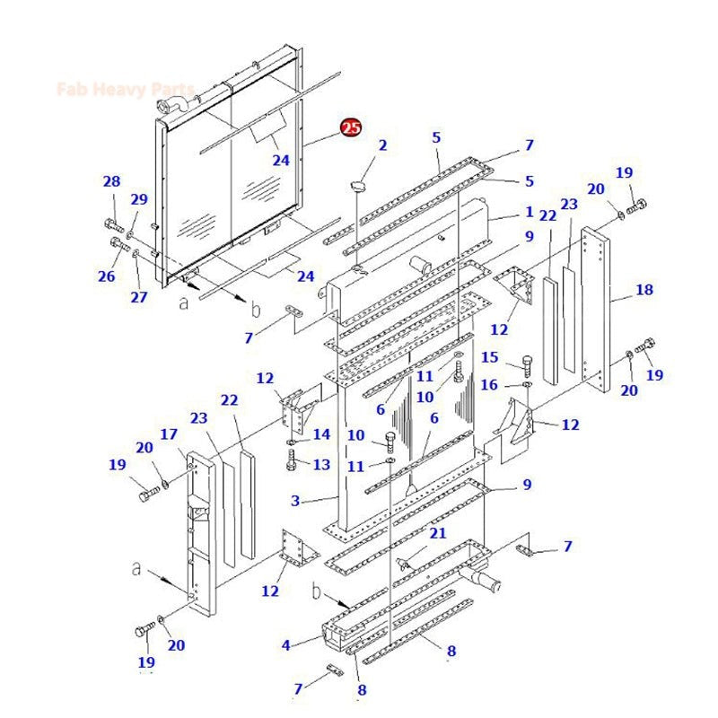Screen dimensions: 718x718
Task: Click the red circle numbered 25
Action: (x=350, y=128)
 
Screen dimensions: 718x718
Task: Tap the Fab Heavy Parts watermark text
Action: (x=125, y=89)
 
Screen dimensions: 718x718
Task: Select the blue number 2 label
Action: (x=382, y=145)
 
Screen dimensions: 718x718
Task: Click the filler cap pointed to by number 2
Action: (x=357, y=186)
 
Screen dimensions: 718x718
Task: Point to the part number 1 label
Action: (x=530, y=215)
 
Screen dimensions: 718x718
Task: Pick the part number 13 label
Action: (x=321, y=464)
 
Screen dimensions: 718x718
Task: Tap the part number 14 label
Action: (x=321, y=434)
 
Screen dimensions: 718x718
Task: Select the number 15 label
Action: (x=489, y=357)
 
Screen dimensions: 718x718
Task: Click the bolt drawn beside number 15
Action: (x=528, y=364)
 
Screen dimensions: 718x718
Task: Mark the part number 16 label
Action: (x=489, y=385)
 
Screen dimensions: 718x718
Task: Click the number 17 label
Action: (x=169, y=434)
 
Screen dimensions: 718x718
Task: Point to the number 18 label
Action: (x=644, y=290)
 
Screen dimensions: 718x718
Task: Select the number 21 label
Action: (x=437, y=533)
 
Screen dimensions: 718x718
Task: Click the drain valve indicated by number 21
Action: (x=406, y=563)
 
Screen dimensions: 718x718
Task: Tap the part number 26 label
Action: (x=107, y=276)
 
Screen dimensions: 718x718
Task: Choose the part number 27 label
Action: (x=138, y=297)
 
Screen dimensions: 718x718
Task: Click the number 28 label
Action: (x=111, y=182)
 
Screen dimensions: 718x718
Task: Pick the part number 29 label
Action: (x=139, y=199)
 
